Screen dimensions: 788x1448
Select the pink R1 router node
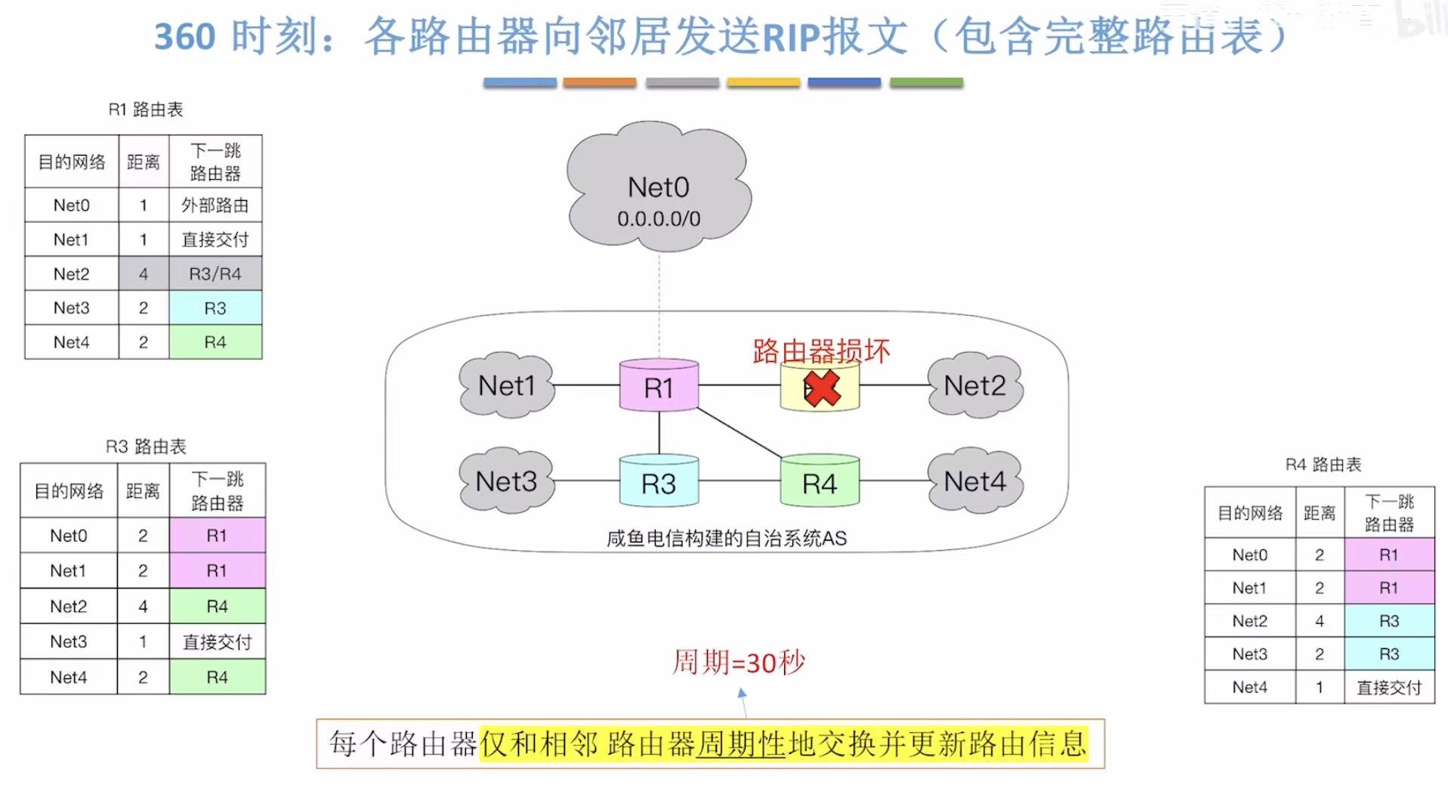[659, 386]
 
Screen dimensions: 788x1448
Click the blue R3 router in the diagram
[659, 483]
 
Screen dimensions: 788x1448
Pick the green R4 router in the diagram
[820, 483]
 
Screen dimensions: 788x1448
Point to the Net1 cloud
[506, 385]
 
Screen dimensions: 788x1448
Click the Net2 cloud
[974, 385]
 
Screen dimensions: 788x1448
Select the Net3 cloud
[506, 481]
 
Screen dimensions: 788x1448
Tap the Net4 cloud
[974, 481]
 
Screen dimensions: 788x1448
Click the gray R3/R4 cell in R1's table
[215, 273]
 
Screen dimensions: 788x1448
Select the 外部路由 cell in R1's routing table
[215, 205]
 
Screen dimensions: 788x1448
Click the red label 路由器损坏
[821, 351]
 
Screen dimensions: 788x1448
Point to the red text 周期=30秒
[738, 663]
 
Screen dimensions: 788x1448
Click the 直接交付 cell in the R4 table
[1389, 688]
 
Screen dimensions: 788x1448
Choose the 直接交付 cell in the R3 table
[218, 642]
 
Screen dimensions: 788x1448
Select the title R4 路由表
[1323, 465]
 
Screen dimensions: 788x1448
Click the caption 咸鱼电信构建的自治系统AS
[727, 539]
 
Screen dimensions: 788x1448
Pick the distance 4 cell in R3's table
[143, 607]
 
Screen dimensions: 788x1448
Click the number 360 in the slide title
[185, 36]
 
